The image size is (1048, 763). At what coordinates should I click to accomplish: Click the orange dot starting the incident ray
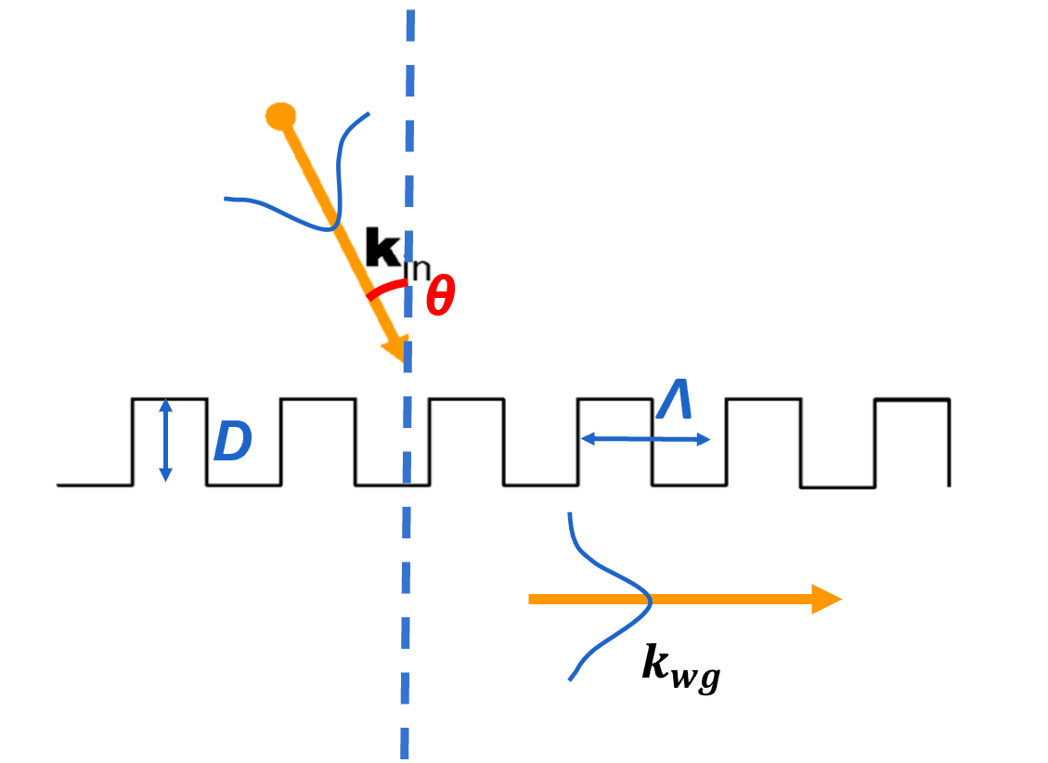pyautogui.click(x=280, y=116)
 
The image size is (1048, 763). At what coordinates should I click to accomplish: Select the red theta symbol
pyautogui.click(x=440, y=298)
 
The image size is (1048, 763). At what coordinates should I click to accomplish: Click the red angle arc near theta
pyautogui.click(x=386, y=289)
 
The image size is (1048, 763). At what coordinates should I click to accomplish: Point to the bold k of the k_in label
pyautogui.click(x=382, y=250)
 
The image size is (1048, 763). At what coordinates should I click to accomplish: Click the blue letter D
pyautogui.click(x=232, y=444)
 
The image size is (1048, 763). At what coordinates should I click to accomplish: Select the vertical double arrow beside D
pyautogui.click(x=165, y=440)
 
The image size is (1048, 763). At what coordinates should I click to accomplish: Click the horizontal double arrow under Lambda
pyautogui.click(x=644, y=439)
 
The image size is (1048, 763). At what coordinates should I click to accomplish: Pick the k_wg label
pyautogui.click(x=680, y=665)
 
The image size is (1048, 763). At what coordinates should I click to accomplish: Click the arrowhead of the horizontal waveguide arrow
pyautogui.click(x=825, y=599)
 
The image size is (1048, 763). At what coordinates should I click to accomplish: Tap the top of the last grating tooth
pyautogui.click(x=912, y=399)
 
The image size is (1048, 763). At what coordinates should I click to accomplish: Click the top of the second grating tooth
pyautogui.click(x=317, y=399)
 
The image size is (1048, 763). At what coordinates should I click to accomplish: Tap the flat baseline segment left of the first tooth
pyautogui.click(x=93, y=485)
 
